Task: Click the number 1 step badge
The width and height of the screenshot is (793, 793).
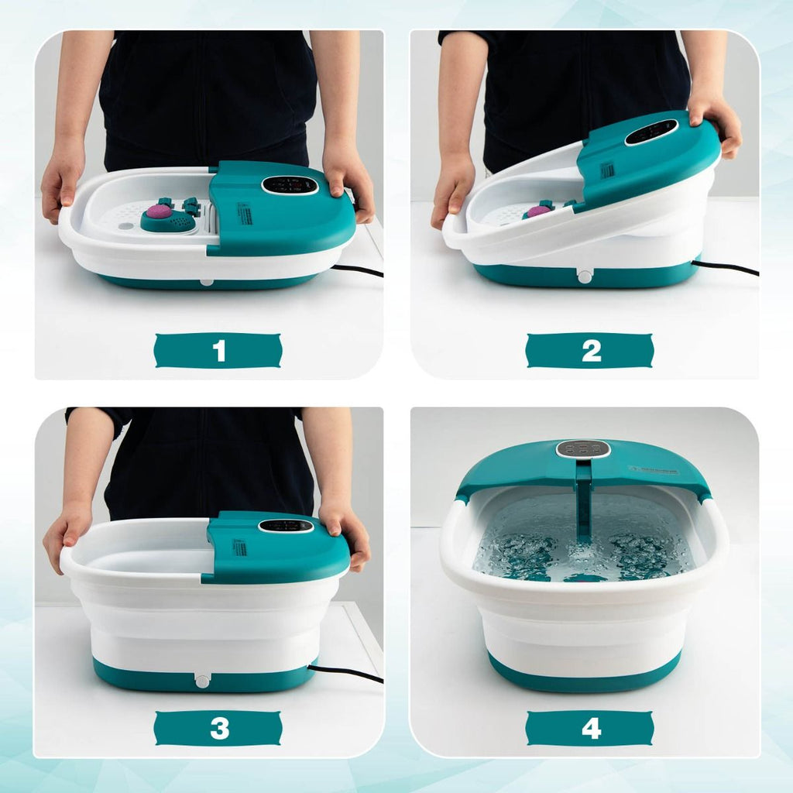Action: (218, 351)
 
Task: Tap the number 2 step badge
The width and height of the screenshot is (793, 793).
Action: (590, 351)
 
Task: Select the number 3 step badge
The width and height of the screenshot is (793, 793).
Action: (218, 728)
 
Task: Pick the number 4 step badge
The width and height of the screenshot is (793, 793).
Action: (590, 728)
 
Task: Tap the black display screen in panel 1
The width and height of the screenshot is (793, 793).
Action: (290, 185)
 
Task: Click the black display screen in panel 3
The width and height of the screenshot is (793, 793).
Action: (286, 525)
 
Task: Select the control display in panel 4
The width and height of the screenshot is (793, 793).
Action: (583, 448)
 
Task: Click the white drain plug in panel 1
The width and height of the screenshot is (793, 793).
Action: (207, 280)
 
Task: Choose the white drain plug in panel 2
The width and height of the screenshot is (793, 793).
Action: (585, 276)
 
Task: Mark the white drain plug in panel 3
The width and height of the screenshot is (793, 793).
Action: (202, 681)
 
